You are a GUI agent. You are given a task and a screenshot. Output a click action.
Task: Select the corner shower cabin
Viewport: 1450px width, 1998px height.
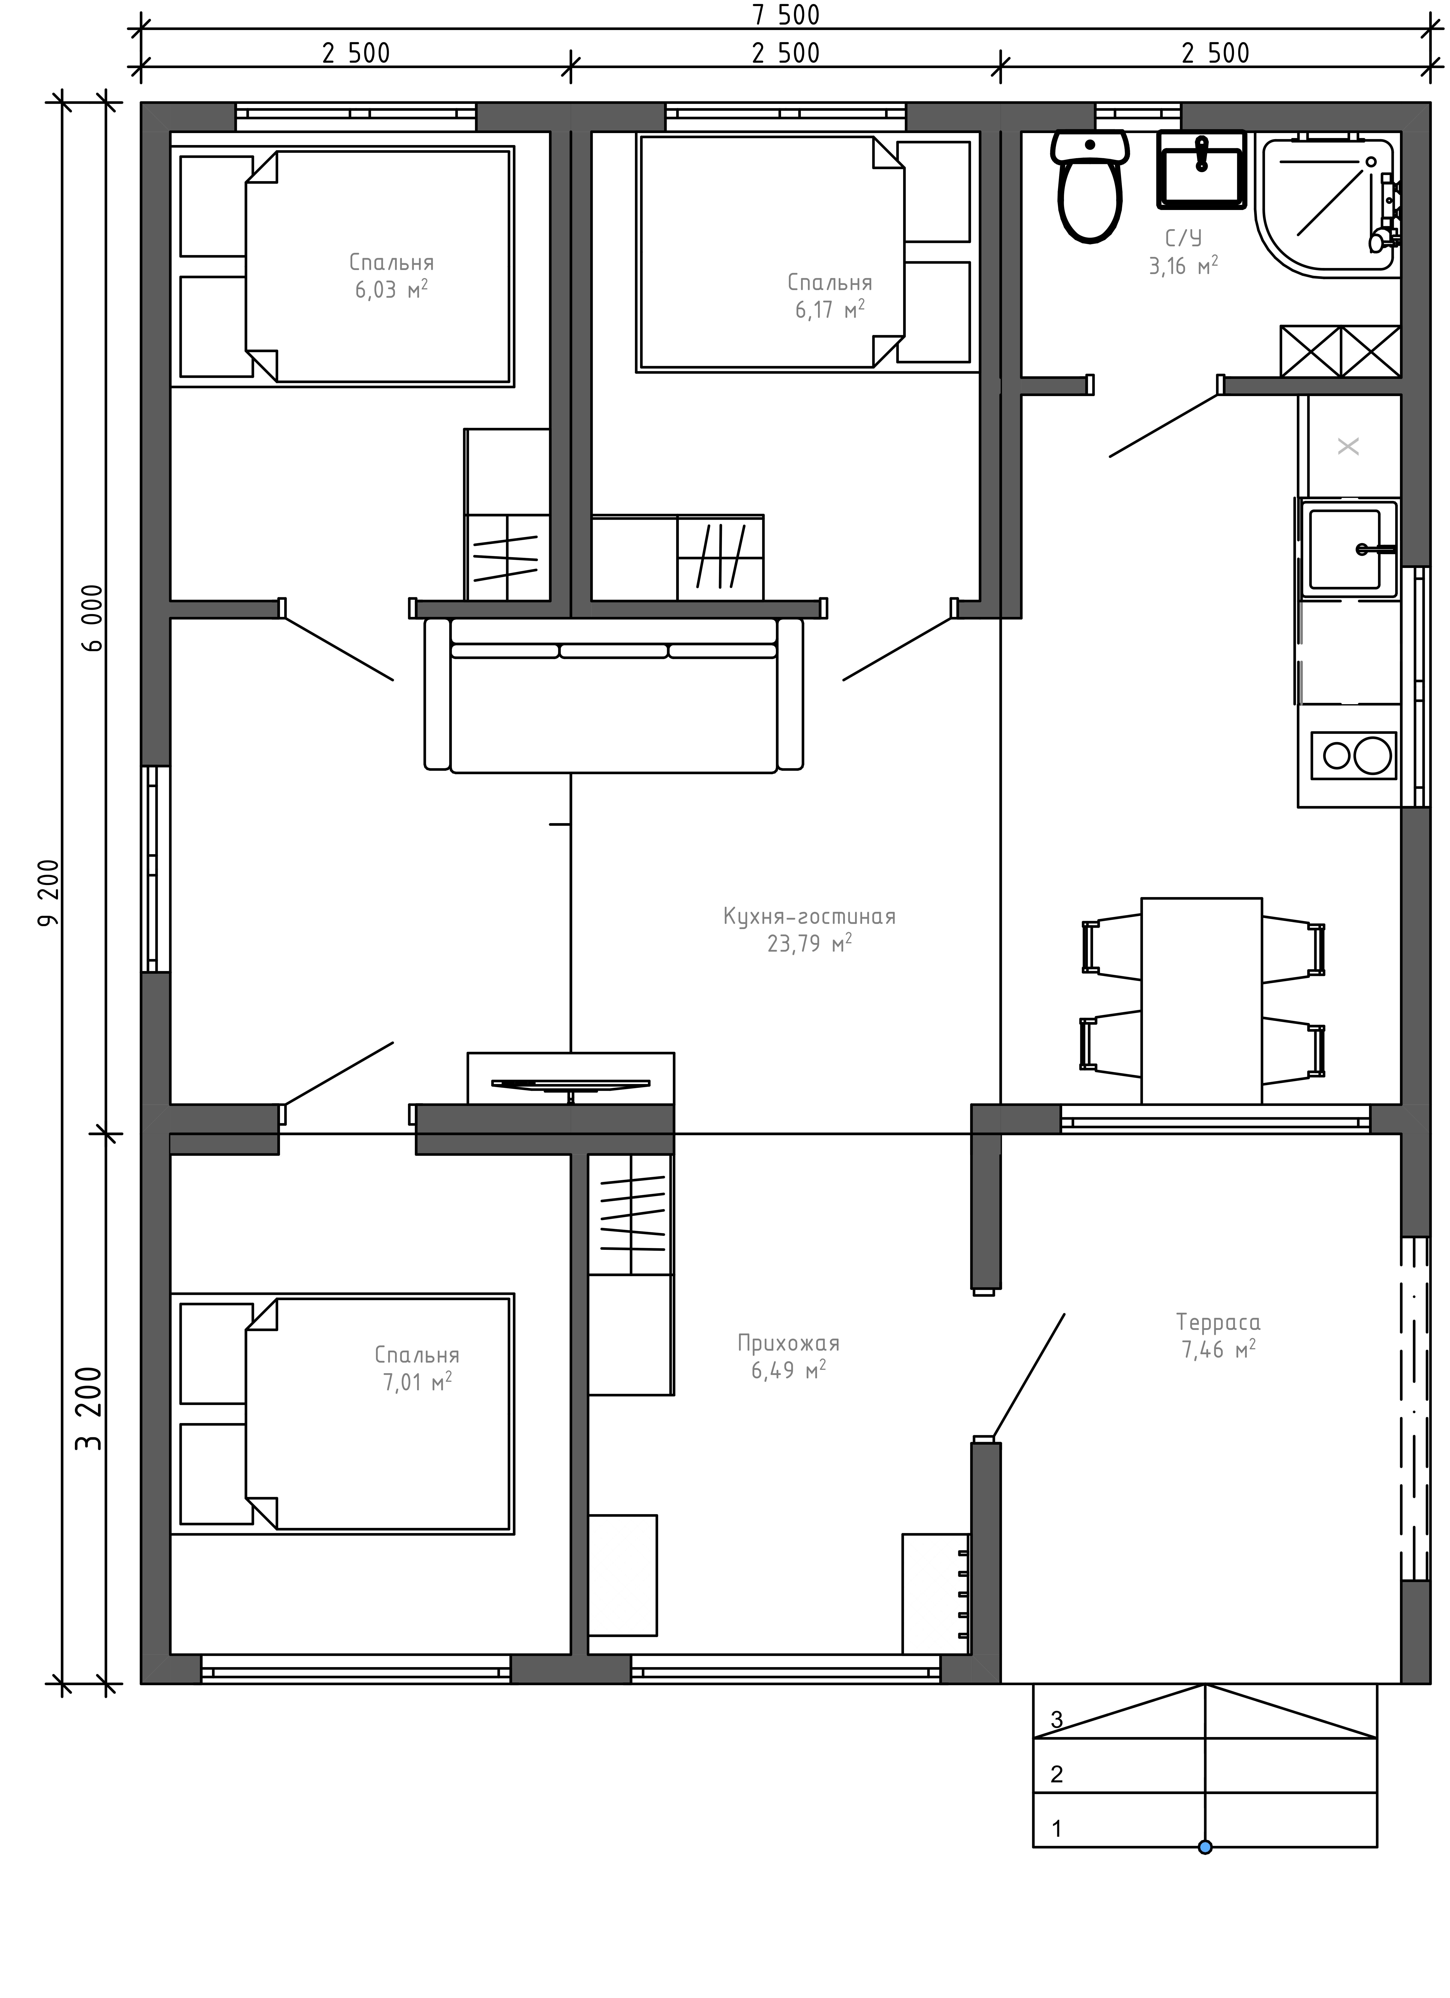tap(1330, 203)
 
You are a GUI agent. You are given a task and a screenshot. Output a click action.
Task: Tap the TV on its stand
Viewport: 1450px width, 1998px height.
tap(571, 1083)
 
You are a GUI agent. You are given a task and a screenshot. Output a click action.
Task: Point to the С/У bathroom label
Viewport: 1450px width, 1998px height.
tap(1183, 238)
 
